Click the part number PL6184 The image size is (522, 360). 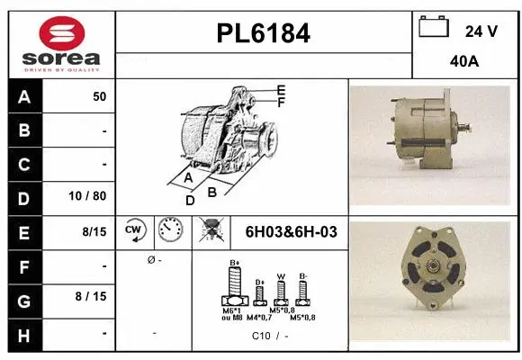[x=264, y=34]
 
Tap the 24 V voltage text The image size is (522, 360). [x=481, y=31]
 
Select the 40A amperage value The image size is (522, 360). [x=463, y=62]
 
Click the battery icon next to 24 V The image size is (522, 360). [x=434, y=29]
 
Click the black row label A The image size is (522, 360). [x=24, y=97]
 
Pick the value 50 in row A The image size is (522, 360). [x=99, y=97]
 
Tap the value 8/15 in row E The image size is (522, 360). [x=94, y=231]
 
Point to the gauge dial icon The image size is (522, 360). [x=169, y=231]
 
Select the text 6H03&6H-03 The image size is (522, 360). [x=291, y=232]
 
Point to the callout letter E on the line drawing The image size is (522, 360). [x=281, y=90]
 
